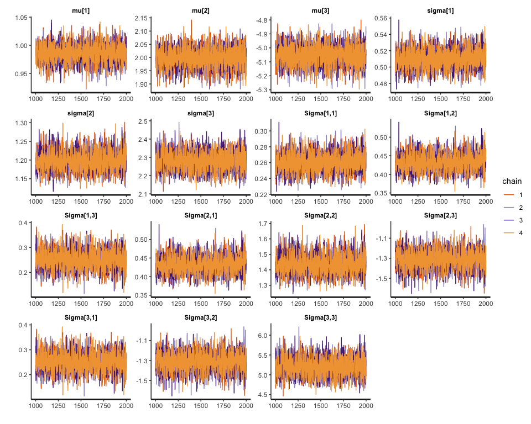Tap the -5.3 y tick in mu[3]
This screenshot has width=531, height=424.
click(263, 89)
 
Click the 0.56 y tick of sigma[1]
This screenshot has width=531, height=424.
click(382, 18)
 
